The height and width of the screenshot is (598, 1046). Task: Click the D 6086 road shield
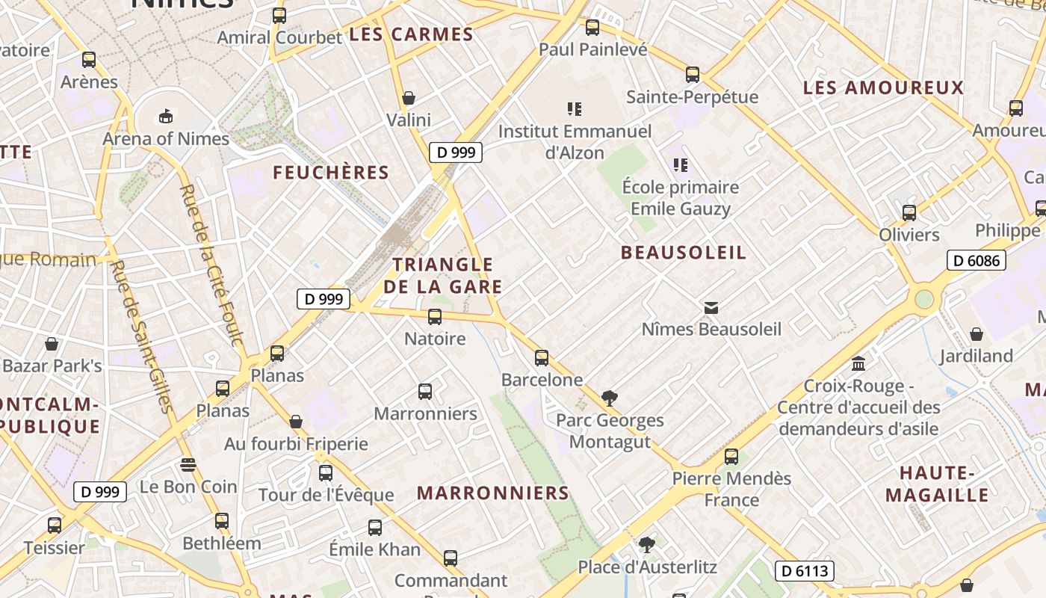[x=977, y=260]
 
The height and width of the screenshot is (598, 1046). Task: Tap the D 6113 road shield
[x=804, y=571]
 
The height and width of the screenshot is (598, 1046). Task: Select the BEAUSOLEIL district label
[x=684, y=253]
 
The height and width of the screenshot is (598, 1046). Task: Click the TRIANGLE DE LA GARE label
[x=443, y=275]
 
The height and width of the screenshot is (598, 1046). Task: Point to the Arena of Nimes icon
[x=165, y=116]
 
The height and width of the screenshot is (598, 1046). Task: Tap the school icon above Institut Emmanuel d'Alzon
[x=575, y=109]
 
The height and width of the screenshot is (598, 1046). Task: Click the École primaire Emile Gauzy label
[x=681, y=197]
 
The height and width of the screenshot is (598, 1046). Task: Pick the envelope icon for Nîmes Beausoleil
[x=711, y=307]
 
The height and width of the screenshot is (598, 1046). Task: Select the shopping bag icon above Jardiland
[x=977, y=333]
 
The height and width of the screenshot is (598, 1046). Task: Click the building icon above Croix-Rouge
[x=858, y=363]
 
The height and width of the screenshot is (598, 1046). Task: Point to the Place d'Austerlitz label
[x=648, y=567]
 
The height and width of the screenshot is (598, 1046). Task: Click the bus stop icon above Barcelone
[x=542, y=358]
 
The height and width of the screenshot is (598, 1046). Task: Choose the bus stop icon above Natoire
[x=435, y=317]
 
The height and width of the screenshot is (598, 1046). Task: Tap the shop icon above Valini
[x=409, y=98]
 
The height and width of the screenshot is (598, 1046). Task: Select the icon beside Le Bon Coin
[x=188, y=465]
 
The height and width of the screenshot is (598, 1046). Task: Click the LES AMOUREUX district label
[x=883, y=87]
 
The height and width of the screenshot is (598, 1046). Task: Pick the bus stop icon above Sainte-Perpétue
[x=693, y=75]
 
